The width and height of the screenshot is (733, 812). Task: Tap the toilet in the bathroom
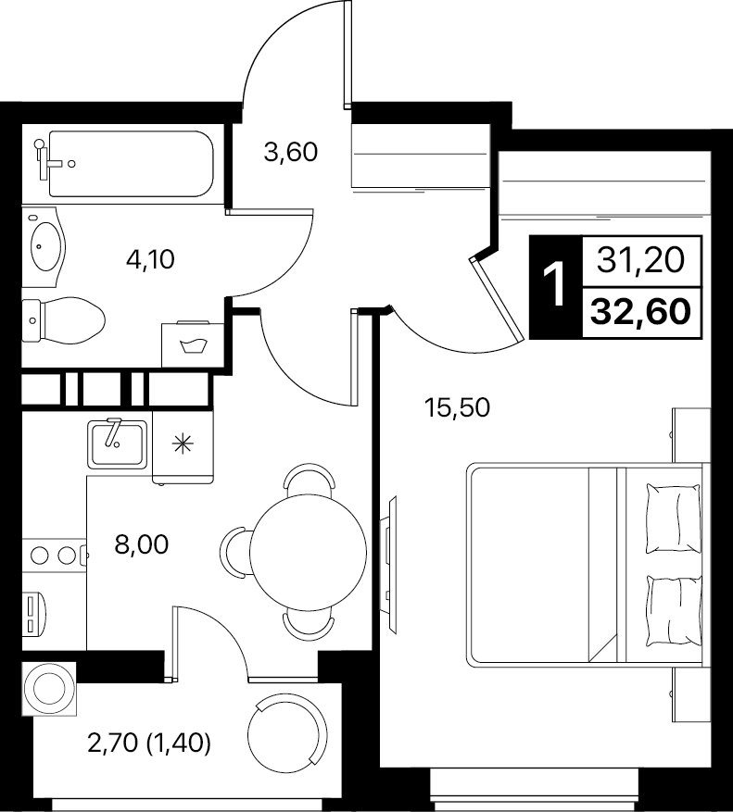(x=63, y=319)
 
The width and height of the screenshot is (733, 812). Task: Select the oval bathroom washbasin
(x=45, y=246)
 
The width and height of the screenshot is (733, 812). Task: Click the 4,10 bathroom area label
(x=150, y=259)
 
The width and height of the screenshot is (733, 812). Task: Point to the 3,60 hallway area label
(x=290, y=152)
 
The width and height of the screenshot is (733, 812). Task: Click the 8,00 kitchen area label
(x=142, y=544)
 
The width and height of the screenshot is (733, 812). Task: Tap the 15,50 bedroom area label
(x=457, y=407)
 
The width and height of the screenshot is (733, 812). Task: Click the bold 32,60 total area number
(x=640, y=312)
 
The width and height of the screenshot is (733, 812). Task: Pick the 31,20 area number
(x=640, y=260)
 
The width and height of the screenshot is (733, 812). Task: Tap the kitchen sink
(x=117, y=443)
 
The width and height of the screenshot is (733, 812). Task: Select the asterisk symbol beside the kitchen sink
(x=183, y=443)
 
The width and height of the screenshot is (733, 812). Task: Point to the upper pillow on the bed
(x=674, y=518)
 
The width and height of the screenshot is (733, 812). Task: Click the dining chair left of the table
(x=234, y=553)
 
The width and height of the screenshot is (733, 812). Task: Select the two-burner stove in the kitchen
(x=55, y=556)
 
